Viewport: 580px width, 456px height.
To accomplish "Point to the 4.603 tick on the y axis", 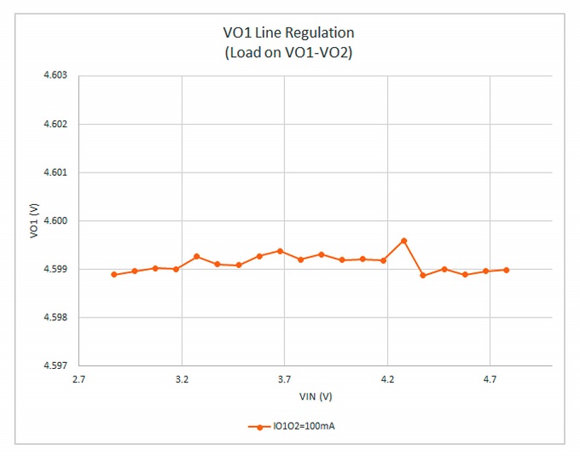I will point(55,76).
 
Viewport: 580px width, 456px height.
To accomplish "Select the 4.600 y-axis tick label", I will point(55,221).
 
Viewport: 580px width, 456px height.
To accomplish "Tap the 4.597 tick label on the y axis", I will point(55,365).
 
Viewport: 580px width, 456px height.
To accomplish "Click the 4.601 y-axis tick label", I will point(55,172).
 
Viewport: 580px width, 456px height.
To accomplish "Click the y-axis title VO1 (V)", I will point(33,221).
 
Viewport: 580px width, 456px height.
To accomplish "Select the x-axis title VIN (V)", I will point(315,396).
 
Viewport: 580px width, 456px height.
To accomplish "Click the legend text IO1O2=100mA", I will point(298,426).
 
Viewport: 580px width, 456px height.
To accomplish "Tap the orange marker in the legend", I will point(258,426).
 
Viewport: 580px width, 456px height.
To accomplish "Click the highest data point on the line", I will point(404,241).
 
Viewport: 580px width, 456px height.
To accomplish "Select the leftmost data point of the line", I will point(114,274).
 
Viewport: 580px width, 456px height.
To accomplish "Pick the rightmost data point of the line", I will point(507,270).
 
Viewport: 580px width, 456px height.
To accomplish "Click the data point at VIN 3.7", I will point(280,251).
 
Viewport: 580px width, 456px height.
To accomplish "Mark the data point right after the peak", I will point(423,275).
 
